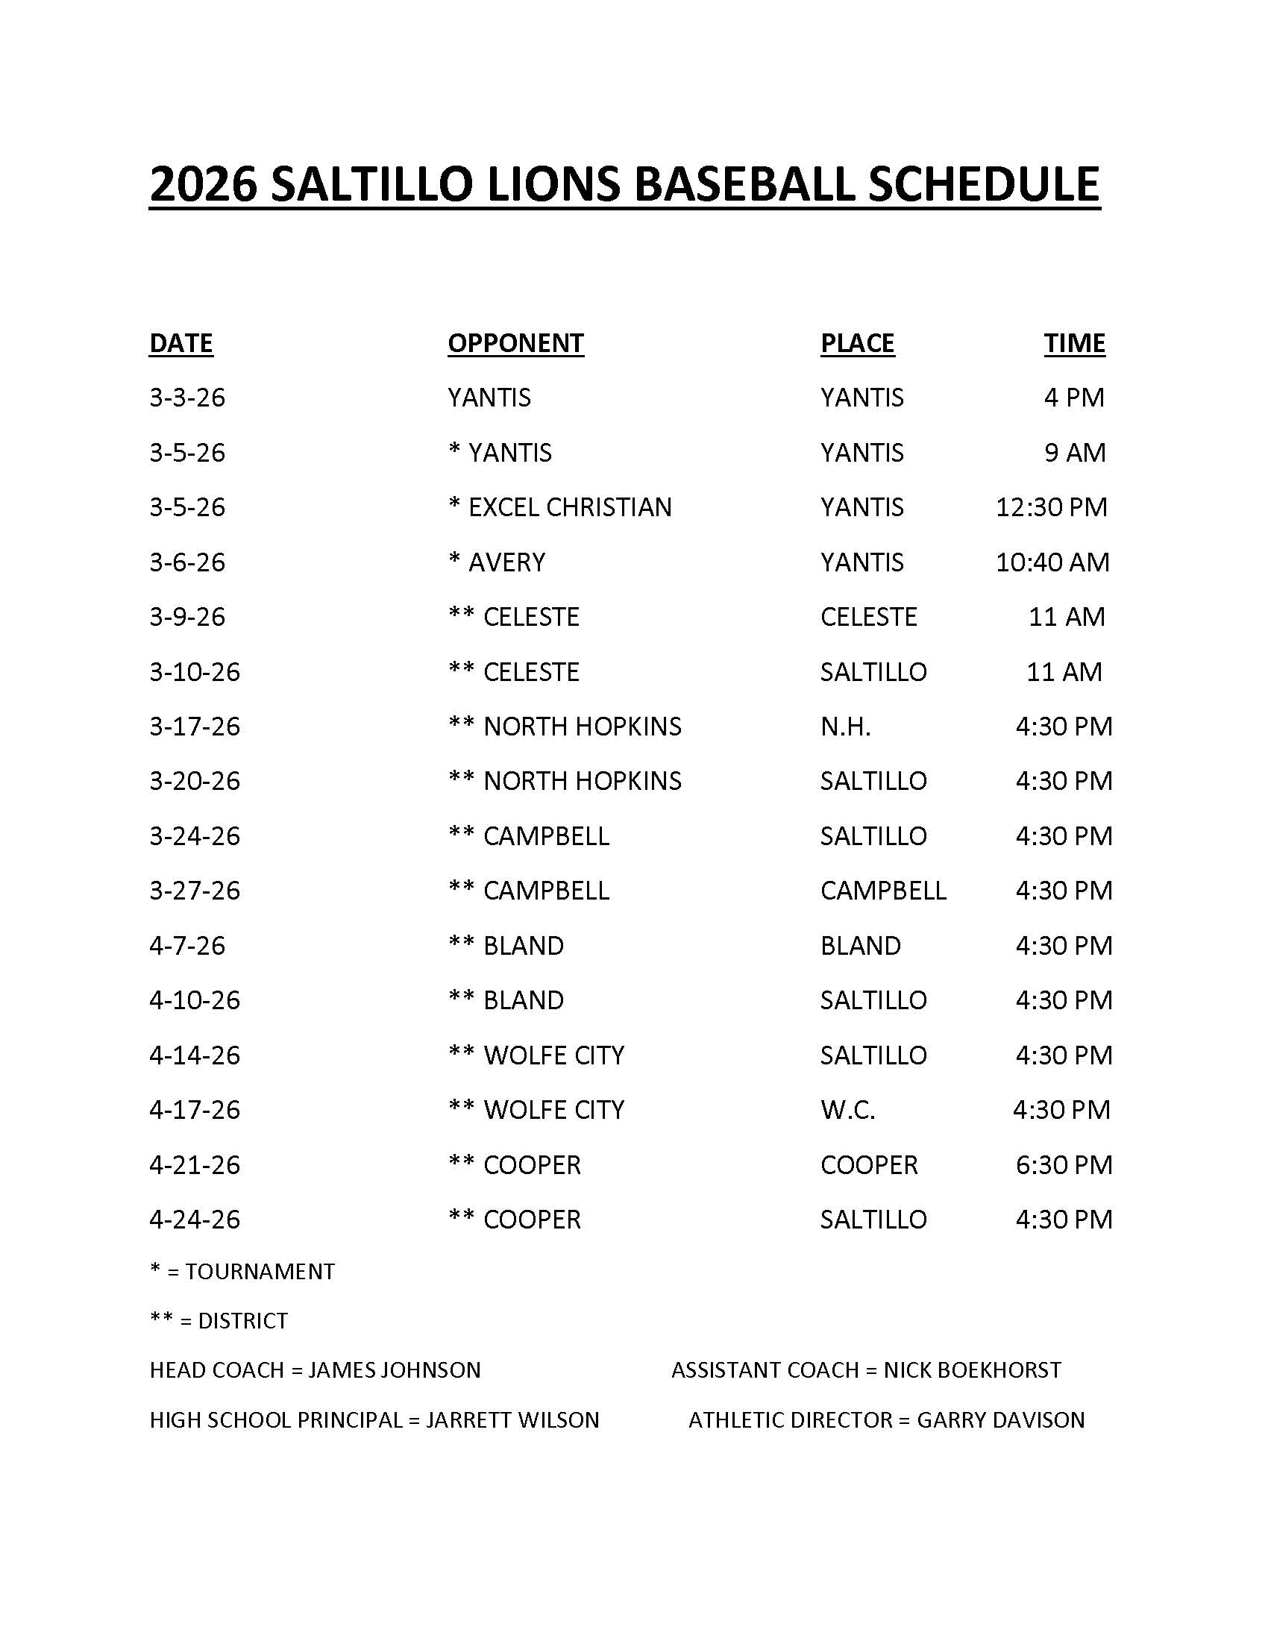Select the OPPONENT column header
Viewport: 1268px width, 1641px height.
(x=515, y=343)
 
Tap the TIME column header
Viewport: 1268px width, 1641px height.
(x=1074, y=343)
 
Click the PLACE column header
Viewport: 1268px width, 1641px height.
(x=857, y=343)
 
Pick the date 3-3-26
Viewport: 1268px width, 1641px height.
(x=187, y=398)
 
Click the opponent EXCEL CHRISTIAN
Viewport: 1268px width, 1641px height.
(x=569, y=507)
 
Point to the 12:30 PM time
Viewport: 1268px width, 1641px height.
(x=1051, y=507)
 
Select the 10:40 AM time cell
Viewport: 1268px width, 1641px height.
(x=1052, y=562)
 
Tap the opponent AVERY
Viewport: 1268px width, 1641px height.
(x=506, y=562)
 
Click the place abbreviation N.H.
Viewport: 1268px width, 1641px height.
(x=845, y=727)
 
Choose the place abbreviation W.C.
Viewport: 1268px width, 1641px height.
(x=847, y=1110)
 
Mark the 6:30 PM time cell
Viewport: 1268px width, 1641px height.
(x=1064, y=1164)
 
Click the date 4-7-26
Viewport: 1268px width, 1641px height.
(x=187, y=945)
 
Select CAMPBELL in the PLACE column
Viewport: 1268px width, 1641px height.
(x=882, y=891)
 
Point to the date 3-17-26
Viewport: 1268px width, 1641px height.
(x=195, y=727)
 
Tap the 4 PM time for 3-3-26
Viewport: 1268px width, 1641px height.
(x=1074, y=398)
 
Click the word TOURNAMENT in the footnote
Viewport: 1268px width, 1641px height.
(x=260, y=1271)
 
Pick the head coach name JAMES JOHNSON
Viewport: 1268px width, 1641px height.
(x=395, y=1369)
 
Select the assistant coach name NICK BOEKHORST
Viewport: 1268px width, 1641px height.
(x=972, y=1369)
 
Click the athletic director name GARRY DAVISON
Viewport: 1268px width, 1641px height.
(x=1000, y=1419)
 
